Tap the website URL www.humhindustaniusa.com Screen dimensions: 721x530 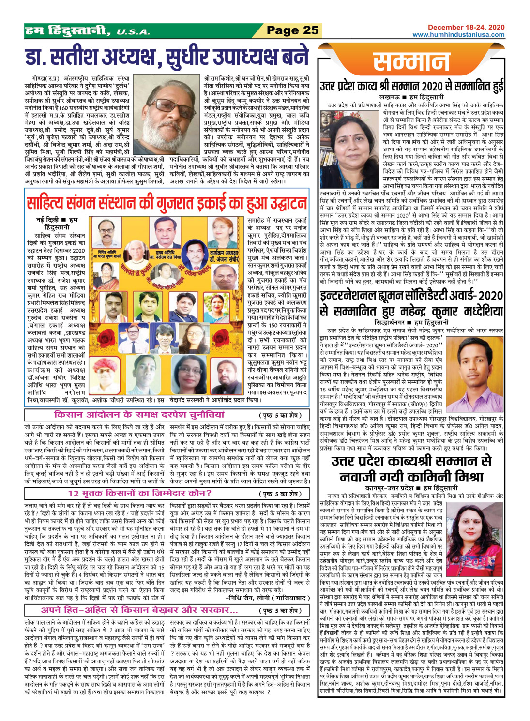[458, 35]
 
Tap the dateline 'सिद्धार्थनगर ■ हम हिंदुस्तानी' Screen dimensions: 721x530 [411, 322]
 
